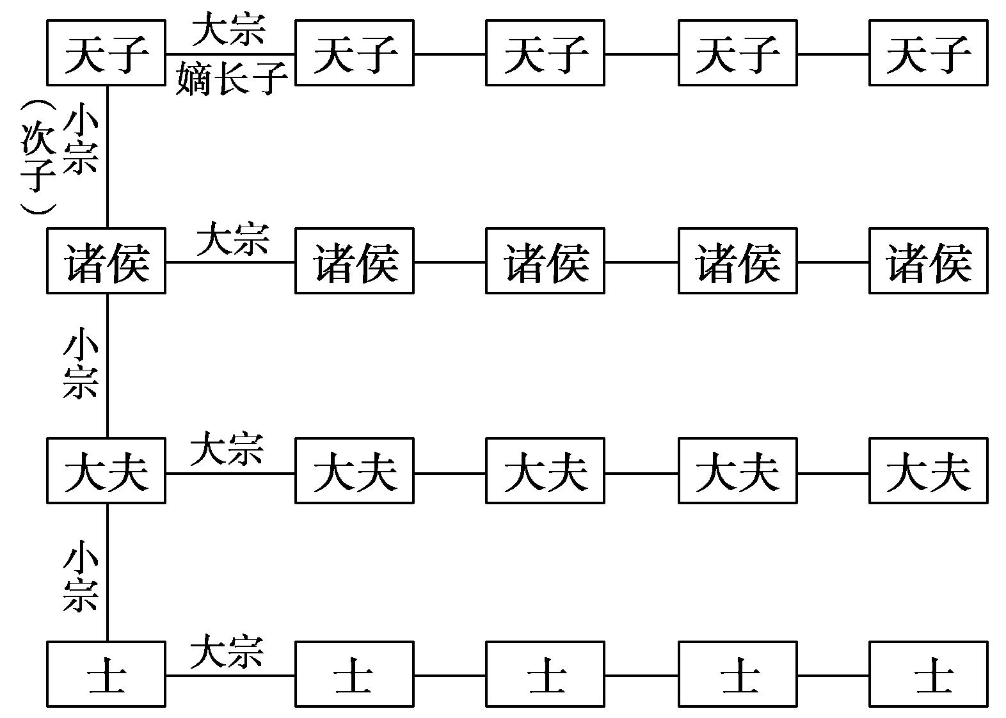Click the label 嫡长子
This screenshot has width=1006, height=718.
(x=231, y=78)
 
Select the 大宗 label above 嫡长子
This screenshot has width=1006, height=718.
(x=228, y=30)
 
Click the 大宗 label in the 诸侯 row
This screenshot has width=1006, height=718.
(x=232, y=239)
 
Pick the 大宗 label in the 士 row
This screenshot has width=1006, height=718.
(x=227, y=651)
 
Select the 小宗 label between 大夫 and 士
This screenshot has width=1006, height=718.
(x=81, y=576)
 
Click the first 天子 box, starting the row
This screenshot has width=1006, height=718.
(x=106, y=52)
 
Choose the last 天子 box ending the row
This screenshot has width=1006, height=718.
(x=928, y=52)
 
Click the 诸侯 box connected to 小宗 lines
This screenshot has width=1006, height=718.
(x=106, y=261)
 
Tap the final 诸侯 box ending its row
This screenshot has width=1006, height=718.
(x=928, y=261)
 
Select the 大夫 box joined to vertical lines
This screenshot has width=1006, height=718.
(x=106, y=471)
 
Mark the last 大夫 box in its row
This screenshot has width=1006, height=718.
(x=928, y=471)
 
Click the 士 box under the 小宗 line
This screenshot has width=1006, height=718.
(x=106, y=674)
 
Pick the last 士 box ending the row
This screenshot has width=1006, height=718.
(x=928, y=674)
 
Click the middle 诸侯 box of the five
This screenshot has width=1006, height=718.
(x=545, y=261)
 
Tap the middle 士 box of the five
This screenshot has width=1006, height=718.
(x=545, y=674)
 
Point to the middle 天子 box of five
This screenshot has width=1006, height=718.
(x=545, y=52)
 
